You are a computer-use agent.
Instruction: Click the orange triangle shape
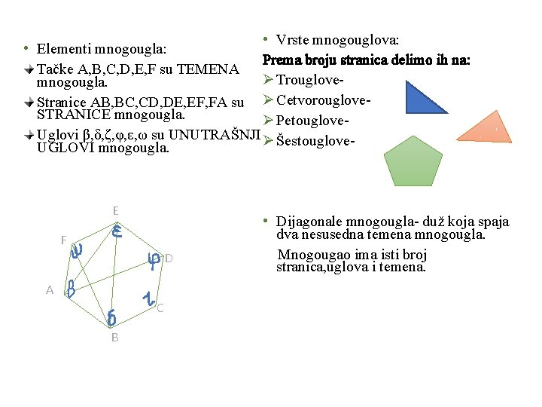point(486,129)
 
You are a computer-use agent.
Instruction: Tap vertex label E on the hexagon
point(115,211)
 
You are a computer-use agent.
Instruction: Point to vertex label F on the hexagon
point(64,240)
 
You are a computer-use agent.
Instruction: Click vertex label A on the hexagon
point(50,290)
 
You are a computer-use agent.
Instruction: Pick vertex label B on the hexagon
point(114,338)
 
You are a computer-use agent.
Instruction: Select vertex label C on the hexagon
point(160,308)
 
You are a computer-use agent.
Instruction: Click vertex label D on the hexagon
point(169,259)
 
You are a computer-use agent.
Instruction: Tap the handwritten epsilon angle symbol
point(117,232)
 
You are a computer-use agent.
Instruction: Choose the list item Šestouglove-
point(315,140)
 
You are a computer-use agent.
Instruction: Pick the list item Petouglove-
point(314,121)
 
